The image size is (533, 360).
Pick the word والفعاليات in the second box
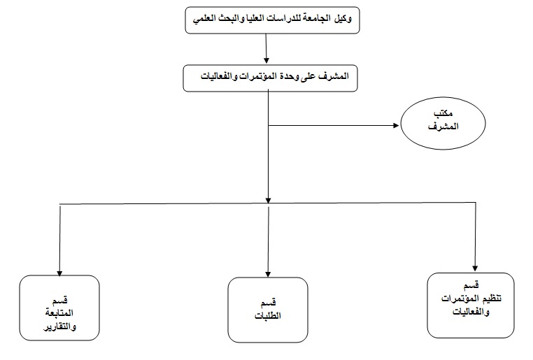[x=218, y=76]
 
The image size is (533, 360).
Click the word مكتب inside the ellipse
[x=443, y=113]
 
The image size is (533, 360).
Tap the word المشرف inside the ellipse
[x=443, y=127]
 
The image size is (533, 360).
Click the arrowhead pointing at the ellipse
[x=396, y=125]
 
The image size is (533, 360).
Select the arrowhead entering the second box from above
[x=266, y=60]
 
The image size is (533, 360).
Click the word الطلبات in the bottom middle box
[x=268, y=315]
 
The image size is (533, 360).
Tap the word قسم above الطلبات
[x=268, y=302]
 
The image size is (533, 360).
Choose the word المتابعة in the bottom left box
[x=59, y=313]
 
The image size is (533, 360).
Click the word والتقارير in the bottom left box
[x=60, y=326]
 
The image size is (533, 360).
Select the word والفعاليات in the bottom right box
[x=471, y=312]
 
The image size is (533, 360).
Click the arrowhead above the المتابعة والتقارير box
[x=59, y=273]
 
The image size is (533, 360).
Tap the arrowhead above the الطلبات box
[x=268, y=275]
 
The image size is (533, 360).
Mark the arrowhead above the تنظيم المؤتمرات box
[x=475, y=268]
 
